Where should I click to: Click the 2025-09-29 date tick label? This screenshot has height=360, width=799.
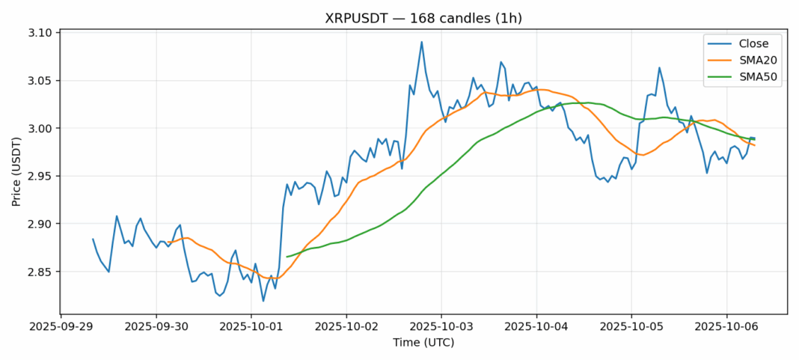point(61,327)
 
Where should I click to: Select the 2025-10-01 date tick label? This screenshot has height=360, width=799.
point(251,327)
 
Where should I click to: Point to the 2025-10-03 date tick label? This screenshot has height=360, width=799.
point(441,327)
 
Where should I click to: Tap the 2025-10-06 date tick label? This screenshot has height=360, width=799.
point(726,327)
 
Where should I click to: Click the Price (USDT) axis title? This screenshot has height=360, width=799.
point(17,171)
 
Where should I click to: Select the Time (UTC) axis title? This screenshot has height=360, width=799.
point(423,343)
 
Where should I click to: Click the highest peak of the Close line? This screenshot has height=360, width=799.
point(422,42)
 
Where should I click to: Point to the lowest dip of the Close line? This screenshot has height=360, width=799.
point(263,301)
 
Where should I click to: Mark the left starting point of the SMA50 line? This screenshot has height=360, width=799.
point(287,257)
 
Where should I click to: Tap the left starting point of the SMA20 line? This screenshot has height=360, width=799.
point(168,242)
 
